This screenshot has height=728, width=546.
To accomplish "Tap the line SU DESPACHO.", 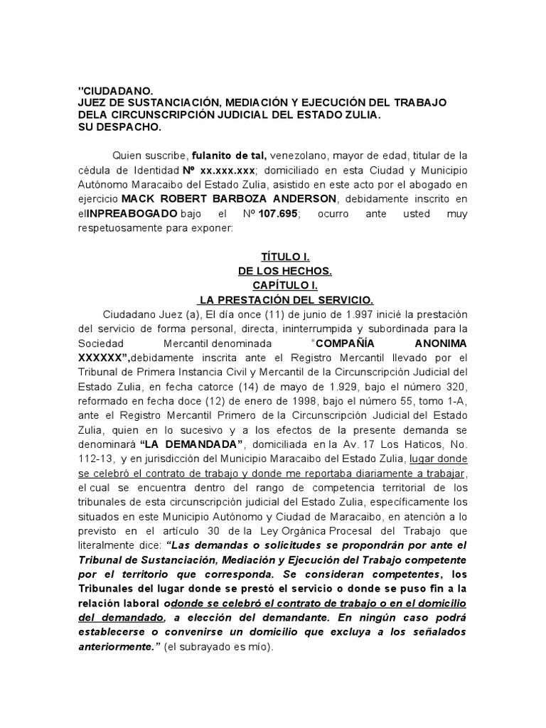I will [x=119, y=127].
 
